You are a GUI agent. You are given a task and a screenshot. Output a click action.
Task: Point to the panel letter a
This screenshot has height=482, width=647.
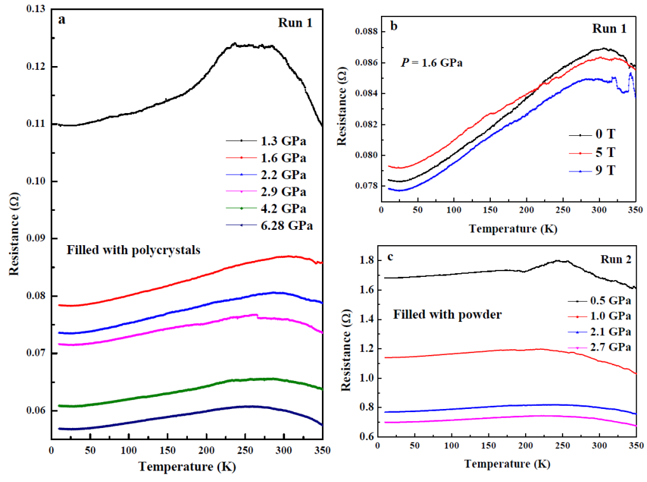[x=62, y=19]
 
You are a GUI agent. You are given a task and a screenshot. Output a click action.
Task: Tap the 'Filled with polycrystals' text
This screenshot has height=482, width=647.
[x=133, y=250]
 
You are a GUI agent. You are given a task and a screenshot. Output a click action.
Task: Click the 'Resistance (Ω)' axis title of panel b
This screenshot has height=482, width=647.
[x=343, y=110]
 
